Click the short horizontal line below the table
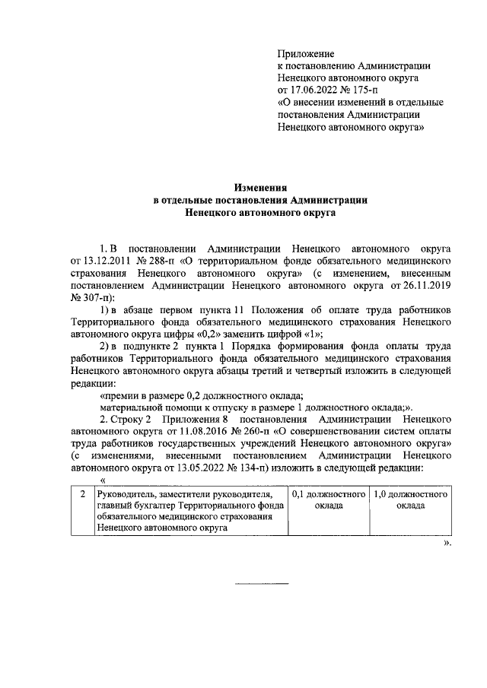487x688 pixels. point(262,583)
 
